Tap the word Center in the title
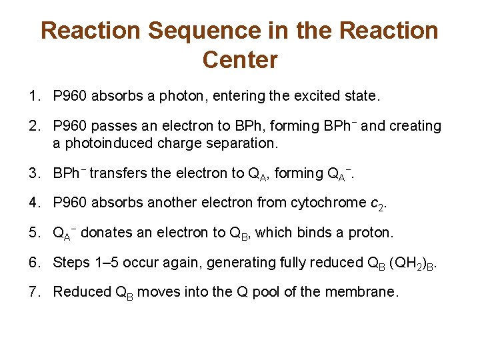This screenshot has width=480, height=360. click(x=239, y=60)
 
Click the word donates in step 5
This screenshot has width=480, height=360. click(x=104, y=233)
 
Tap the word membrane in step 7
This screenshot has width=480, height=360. click(x=366, y=291)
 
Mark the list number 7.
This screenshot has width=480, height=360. click(x=34, y=291)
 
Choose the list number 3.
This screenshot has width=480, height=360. click(x=34, y=173)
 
